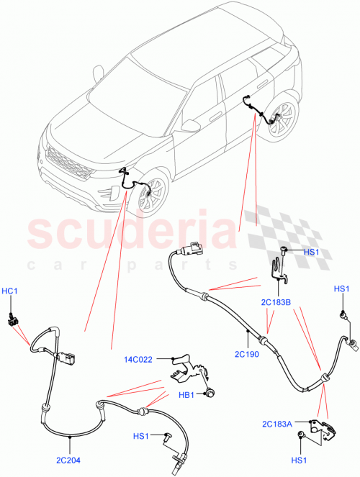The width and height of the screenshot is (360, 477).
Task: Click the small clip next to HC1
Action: pyautogui.click(x=12, y=319)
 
